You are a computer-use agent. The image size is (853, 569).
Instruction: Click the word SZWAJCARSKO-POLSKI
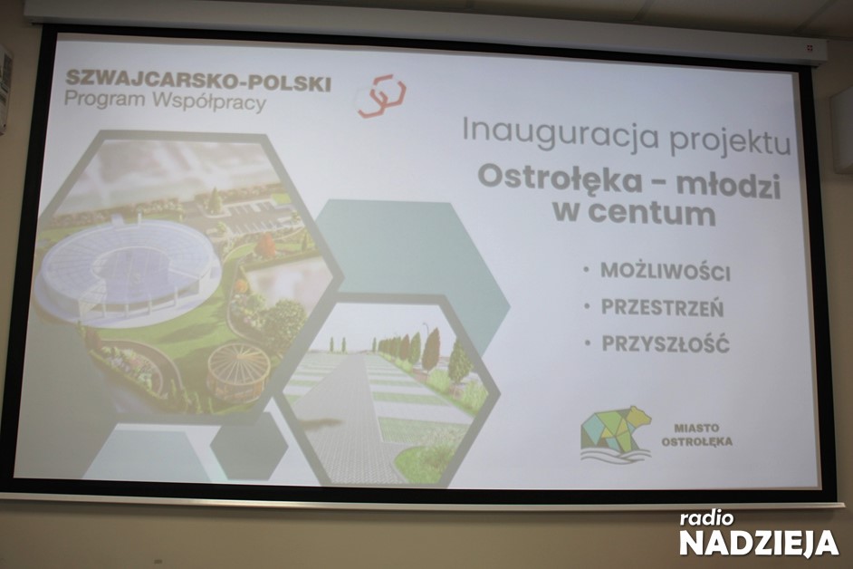[198, 81]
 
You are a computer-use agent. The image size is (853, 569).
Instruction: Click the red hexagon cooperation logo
[381, 97]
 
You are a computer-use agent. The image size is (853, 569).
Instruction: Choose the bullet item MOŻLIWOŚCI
[666, 272]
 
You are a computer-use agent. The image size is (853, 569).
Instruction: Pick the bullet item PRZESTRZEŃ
[663, 308]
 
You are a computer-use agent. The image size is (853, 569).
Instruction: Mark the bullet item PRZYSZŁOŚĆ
[666, 344]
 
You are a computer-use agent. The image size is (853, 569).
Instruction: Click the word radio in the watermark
[706, 518]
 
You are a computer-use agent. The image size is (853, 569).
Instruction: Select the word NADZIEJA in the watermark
[759, 543]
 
